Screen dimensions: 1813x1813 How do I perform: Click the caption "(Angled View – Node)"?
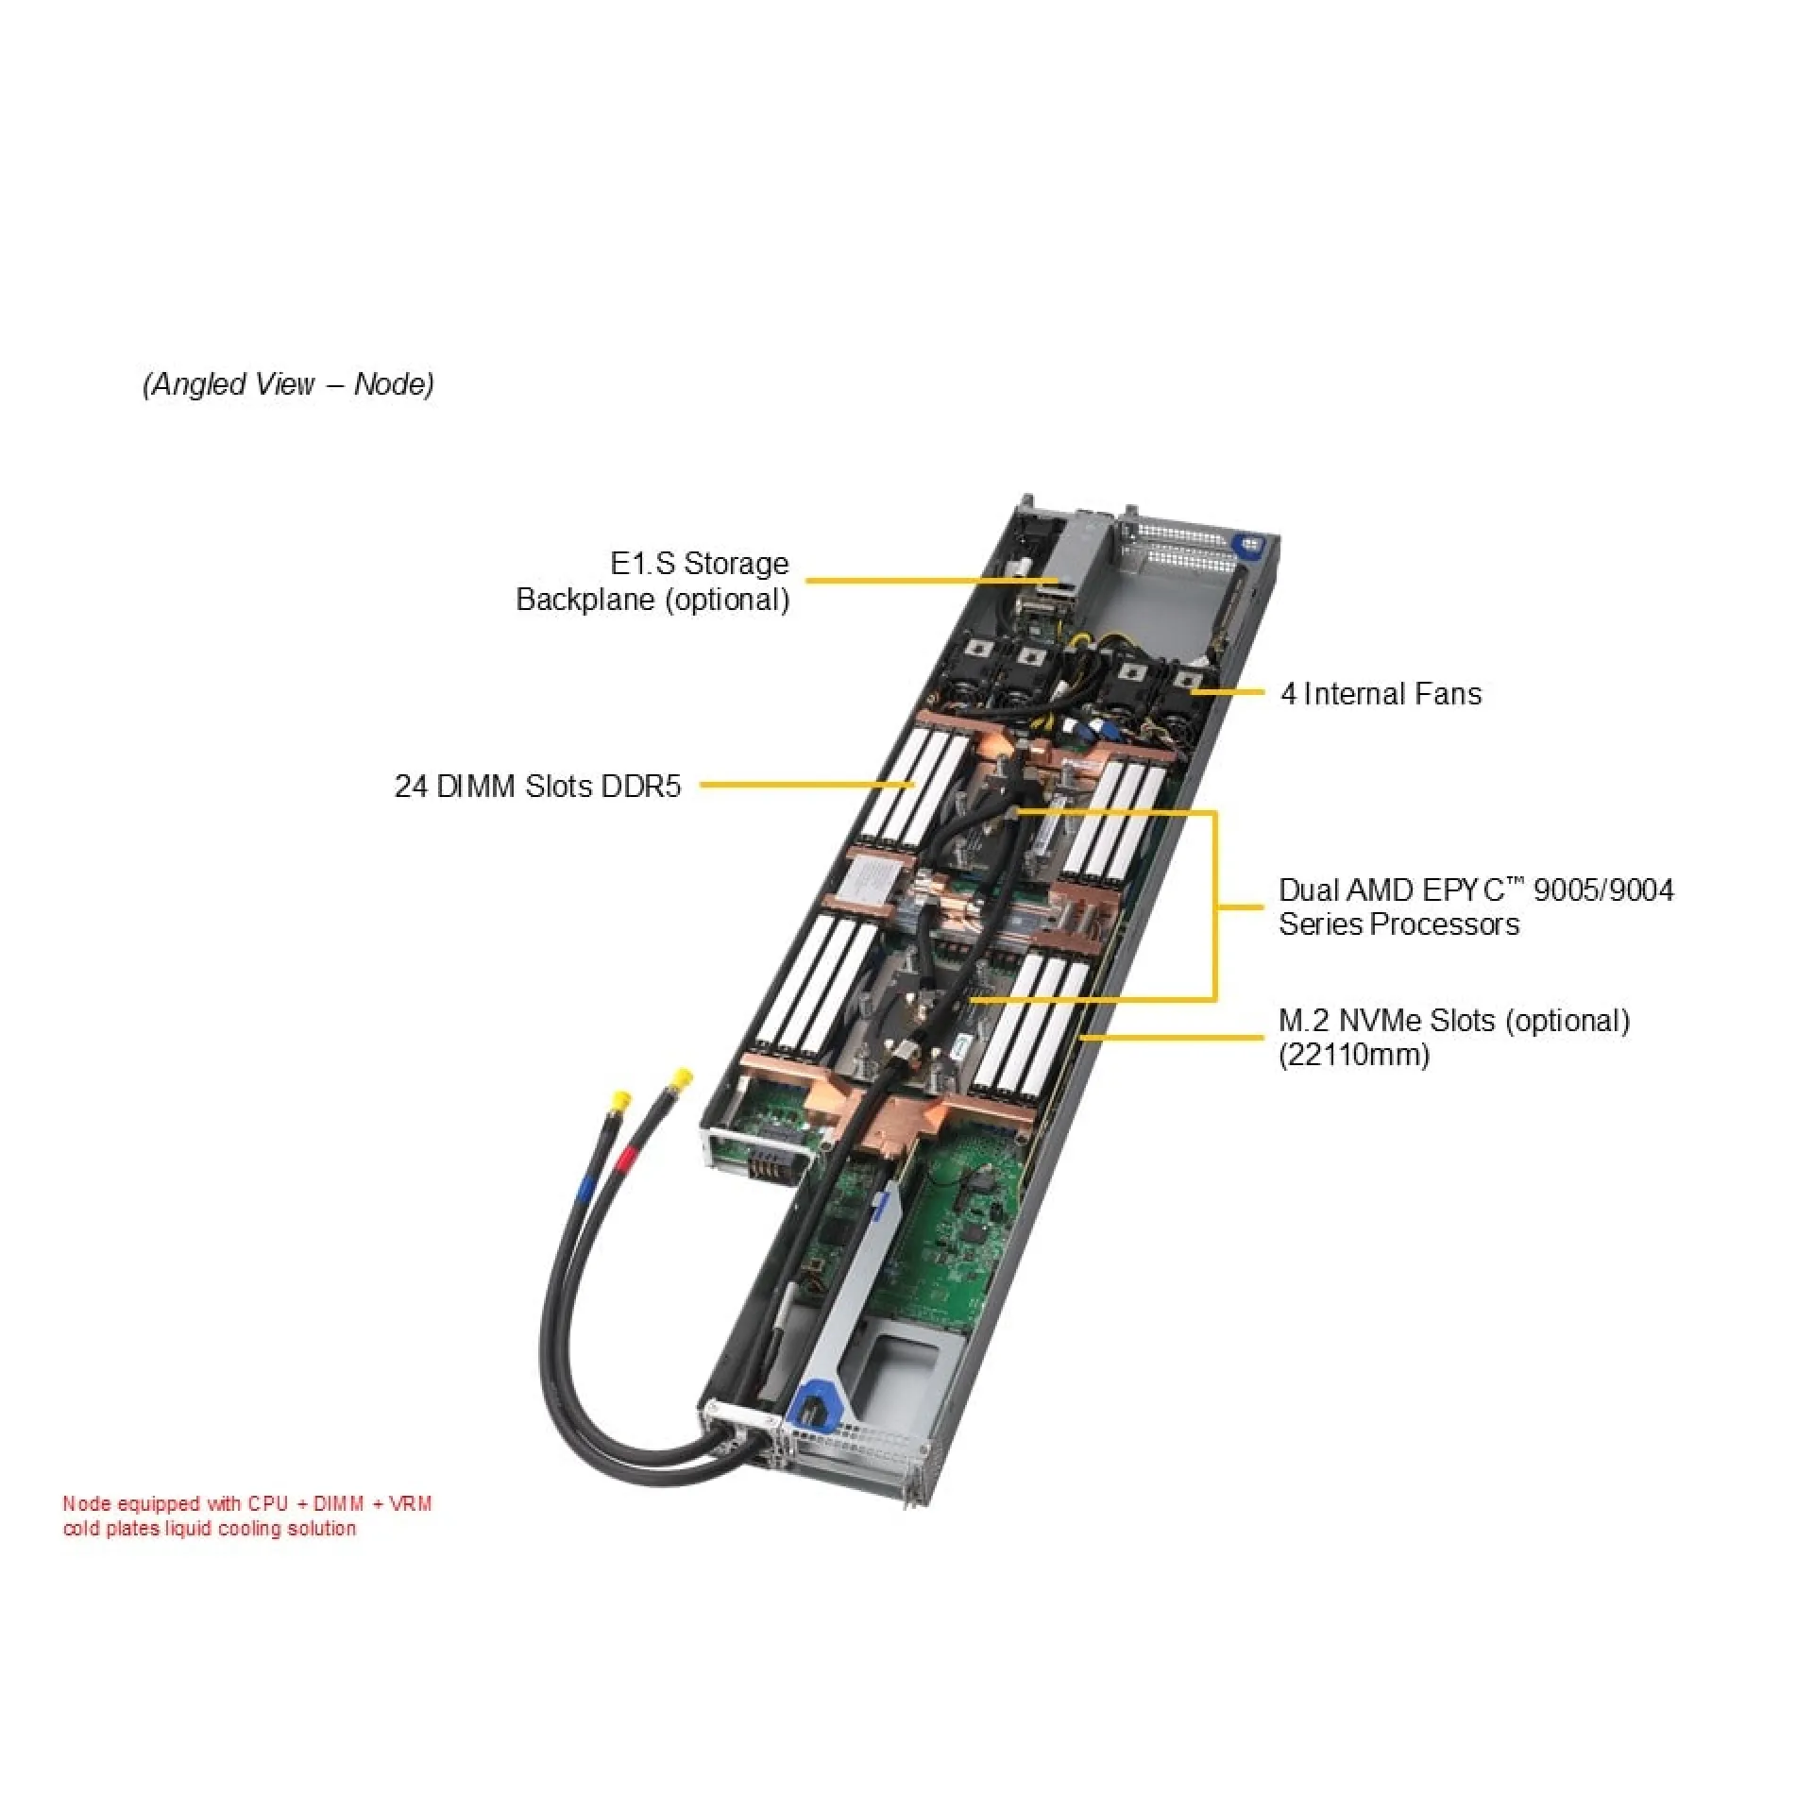coord(288,384)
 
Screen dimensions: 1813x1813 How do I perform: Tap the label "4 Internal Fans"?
coord(1381,694)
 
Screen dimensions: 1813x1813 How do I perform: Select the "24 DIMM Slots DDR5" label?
coord(537,786)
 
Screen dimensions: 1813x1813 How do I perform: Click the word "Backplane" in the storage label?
coord(585,600)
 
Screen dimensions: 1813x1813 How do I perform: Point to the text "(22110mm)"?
coord(1354,1055)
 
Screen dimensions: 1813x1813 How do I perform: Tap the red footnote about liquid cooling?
coord(247,1516)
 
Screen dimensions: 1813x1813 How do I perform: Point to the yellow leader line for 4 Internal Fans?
coord(1232,692)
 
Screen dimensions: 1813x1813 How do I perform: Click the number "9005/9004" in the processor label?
coord(1603,890)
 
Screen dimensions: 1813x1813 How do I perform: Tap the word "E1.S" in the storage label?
coord(642,564)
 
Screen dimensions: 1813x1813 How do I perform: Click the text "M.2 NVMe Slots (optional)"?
coord(1454,1021)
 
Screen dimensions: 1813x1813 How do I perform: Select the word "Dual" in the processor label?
coord(1309,890)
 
